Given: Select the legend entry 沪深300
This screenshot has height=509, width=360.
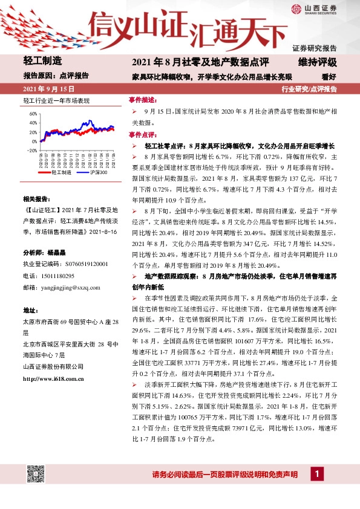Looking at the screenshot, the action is pyautogui.click(x=97, y=172).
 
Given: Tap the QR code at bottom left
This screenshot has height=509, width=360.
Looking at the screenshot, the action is pyautogui.click(x=34, y=475).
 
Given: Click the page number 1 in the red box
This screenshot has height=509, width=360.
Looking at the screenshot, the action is pyautogui.click(x=315, y=475).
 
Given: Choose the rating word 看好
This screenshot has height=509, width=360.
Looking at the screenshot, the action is pyautogui.click(x=329, y=77).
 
